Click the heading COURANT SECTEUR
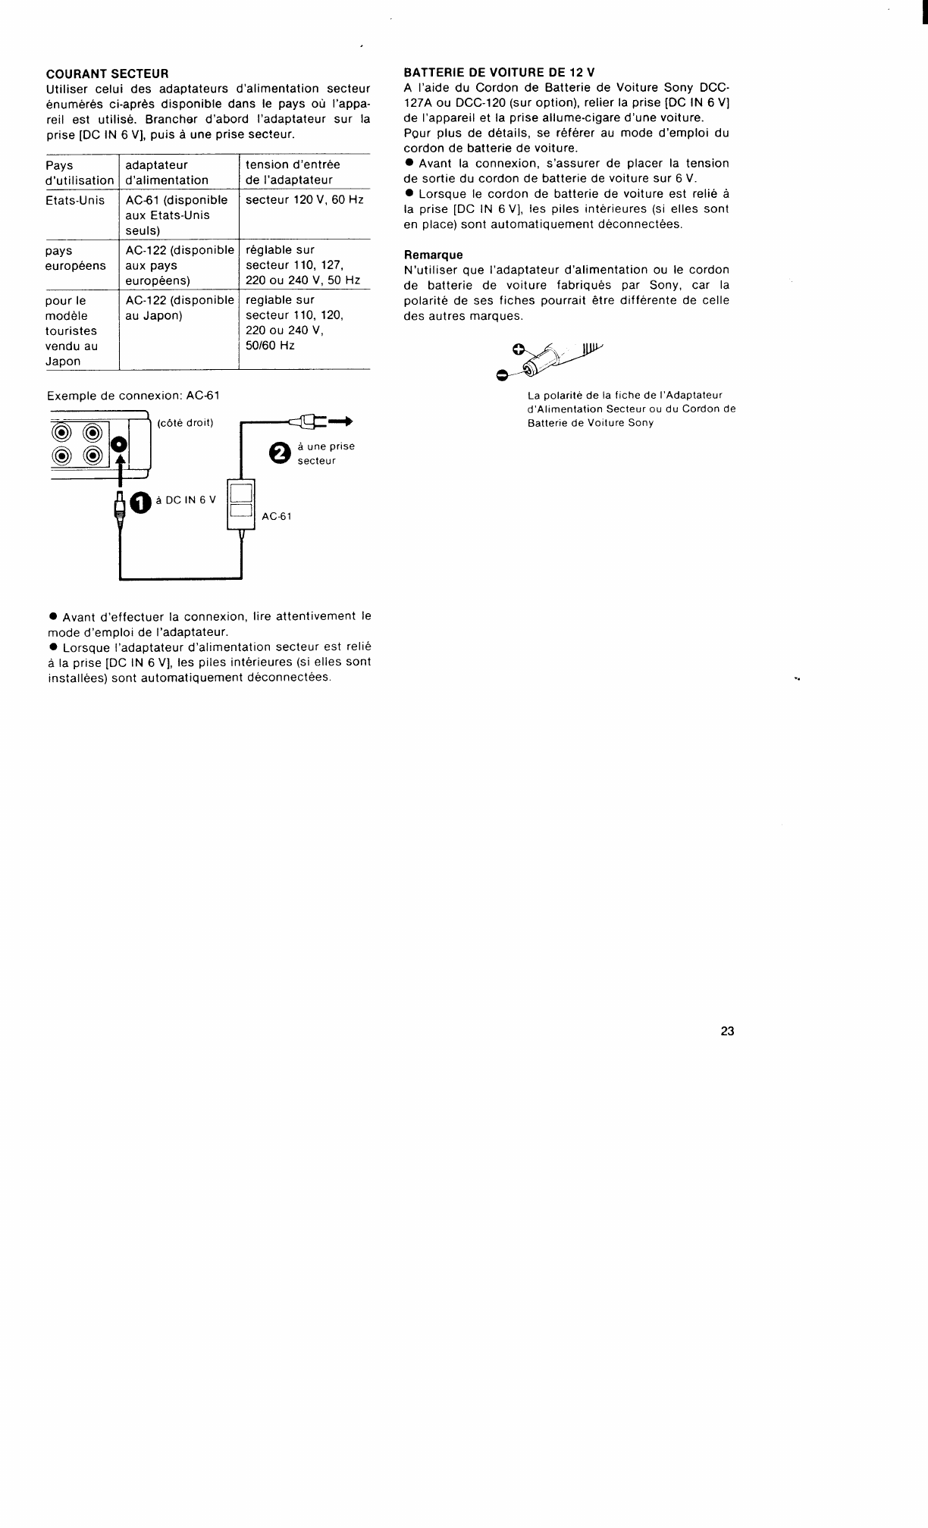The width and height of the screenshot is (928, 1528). click(x=107, y=74)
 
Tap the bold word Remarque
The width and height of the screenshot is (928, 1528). click(x=433, y=255)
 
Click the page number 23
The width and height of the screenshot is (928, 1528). click(x=728, y=1031)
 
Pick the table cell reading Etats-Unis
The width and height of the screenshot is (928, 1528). click(x=75, y=200)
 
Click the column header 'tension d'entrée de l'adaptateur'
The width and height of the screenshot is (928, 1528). click(x=293, y=172)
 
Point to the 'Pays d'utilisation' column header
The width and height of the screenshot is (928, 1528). click(x=79, y=172)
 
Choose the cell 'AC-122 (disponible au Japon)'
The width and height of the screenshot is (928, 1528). click(x=180, y=308)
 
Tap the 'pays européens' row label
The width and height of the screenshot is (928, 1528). click(x=76, y=258)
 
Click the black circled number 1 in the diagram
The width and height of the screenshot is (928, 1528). click(x=141, y=503)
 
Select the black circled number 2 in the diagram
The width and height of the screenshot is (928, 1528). click(x=281, y=452)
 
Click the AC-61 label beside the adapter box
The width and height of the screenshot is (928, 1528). click(x=277, y=516)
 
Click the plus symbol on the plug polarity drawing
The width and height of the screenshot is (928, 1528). click(x=518, y=349)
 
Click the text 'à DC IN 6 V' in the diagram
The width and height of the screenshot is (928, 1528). click(x=186, y=499)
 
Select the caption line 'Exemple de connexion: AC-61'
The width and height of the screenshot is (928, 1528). click(x=133, y=396)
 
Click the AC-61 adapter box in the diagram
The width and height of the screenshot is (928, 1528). click(x=242, y=504)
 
